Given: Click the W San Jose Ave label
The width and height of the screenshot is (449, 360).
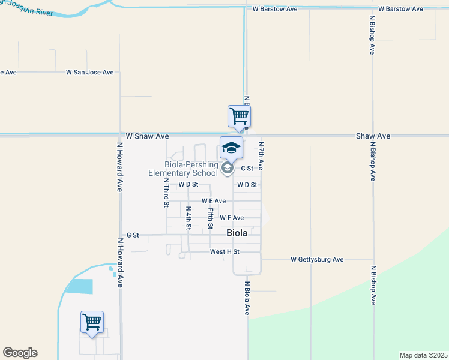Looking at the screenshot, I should pyautogui.click(x=89, y=73).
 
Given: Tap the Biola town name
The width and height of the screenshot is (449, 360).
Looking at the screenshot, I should pyautogui.click(x=237, y=233).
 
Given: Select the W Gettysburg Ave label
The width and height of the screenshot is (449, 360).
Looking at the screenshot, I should pyautogui.click(x=316, y=260).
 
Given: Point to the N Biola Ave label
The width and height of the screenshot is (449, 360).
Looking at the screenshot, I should pyautogui.click(x=247, y=298).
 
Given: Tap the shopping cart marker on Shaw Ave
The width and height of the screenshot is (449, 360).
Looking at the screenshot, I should pyautogui.click(x=239, y=116).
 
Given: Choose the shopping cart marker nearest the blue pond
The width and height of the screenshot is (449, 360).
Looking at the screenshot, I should pyautogui.click(x=92, y=322).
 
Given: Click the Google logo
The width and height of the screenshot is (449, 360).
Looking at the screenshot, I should pyautogui.click(x=20, y=353).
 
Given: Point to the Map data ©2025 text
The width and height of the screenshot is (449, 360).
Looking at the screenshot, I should pyautogui.click(x=422, y=355).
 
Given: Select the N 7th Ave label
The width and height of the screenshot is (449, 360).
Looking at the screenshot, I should pyautogui.click(x=261, y=154).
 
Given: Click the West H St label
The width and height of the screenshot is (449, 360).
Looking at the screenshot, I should pyautogui.click(x=224, y=252).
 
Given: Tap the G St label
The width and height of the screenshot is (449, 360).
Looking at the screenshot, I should pyautogui.click(x=133, y=235).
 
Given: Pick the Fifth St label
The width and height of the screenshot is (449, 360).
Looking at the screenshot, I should pyautogui.click(x=211, y=218).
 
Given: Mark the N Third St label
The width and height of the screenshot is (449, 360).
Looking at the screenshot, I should pyautogui.click(x=167, y=193).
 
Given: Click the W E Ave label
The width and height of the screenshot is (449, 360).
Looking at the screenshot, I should pyautogui.click(x=213, y=201).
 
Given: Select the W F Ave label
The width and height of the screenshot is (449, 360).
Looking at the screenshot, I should pyautogui.click(x=232, y=218).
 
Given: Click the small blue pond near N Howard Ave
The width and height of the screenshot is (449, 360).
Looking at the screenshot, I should pyautogui.click(x=79, y=286).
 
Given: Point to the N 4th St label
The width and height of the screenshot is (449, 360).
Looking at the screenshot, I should pyautogui.click(x=188, y=219).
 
